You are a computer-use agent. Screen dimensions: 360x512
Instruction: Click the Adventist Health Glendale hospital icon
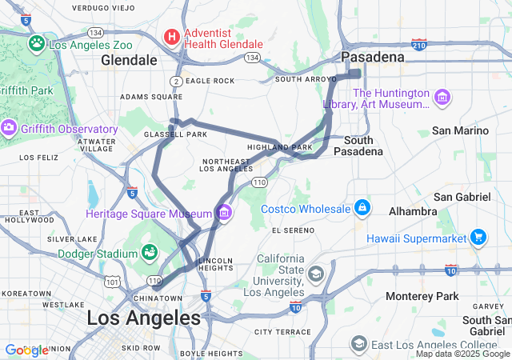171,37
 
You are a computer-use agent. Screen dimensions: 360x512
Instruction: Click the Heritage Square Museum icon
224,213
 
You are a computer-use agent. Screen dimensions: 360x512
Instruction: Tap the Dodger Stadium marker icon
149,253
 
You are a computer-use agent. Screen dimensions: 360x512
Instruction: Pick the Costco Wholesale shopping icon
362,208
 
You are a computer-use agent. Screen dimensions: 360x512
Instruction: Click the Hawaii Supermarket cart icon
478,237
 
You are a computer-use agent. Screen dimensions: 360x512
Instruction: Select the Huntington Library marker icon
442,98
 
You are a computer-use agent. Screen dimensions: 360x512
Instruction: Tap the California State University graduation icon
316,274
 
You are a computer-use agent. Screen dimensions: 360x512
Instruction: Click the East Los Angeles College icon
359,344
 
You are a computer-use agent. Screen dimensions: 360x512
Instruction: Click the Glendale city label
129,60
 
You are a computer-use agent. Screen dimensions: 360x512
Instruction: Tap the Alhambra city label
413,211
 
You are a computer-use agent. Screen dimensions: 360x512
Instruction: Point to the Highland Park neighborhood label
279,147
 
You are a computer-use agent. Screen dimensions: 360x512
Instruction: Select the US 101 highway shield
111,281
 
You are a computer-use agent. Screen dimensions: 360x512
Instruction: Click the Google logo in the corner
26,350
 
